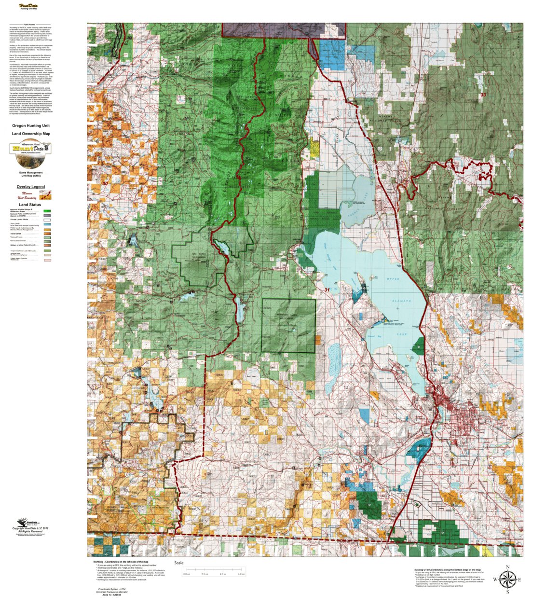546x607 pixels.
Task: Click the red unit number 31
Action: tap(328, 290)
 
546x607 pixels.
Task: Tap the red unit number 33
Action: tap(483, 95)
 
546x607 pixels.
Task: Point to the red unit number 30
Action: tap(105, 183)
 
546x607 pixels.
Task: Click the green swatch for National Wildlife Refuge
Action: tap(47, 211)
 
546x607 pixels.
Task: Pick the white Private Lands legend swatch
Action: tap(47, 220)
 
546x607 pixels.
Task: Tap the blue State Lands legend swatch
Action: tap(47, 225)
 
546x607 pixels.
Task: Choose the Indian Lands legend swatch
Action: tap(47, 234)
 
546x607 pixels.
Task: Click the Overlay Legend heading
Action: tap(30, 187)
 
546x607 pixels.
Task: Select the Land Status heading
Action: tap(30, 205)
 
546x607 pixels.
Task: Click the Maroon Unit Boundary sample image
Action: tap(47, 195)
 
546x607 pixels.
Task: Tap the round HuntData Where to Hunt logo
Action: tap(30, 148)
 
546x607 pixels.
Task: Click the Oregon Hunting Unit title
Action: tap(31, 125)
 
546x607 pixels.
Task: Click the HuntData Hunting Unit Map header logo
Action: tap(29, 7)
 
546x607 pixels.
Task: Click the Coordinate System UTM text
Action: tap(112, 589)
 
